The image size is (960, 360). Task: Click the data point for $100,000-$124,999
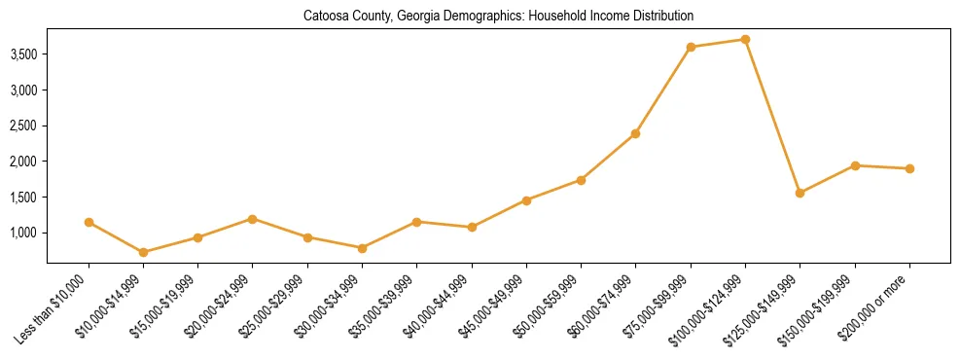[x=745, y=39]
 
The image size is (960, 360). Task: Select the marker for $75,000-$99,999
[x=691, y=47]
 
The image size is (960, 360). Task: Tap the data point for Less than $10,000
[x=89, y=222]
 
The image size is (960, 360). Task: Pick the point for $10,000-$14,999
[x=144, y=252]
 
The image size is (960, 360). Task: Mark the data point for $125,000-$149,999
[x=800, y=193]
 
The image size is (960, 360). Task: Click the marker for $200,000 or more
[x=909, y=168]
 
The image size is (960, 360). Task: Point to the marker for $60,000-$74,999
[x=635, y=133]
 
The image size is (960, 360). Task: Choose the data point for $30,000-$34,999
[x=362, y=248]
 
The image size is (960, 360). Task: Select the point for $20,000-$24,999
[x=253, y=219]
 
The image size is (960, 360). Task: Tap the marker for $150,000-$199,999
[x=855, y=165]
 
